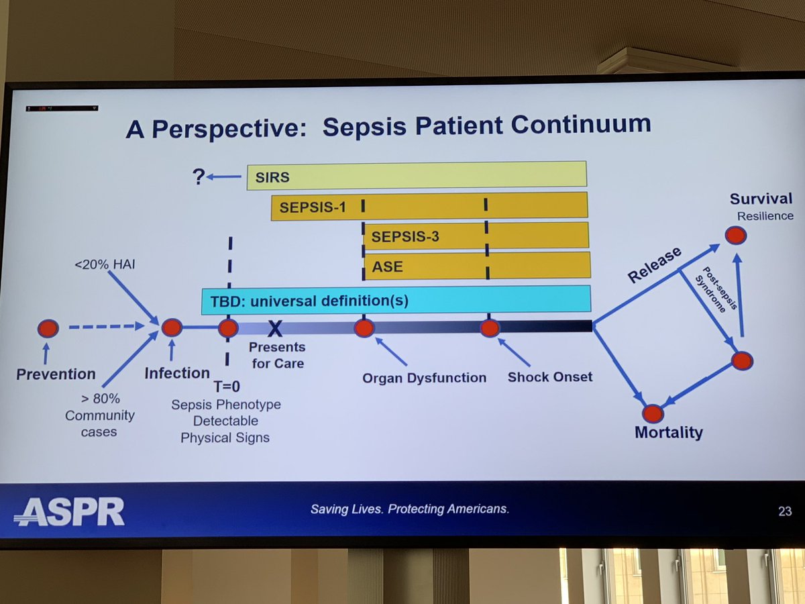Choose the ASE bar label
[x=387, y=266]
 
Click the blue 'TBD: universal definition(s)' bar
[x=396, y=299]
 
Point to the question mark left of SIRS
[x=199, y=177]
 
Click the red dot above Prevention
[x=48, y=328]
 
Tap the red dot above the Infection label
[x=172, y=328]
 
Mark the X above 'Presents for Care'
[x=274, y=328]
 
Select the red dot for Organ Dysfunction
[x=364, y=328]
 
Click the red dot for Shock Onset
[x=490, y=328]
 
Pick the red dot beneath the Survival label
[x=735, y=234]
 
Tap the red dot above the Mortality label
[x=652, y=413]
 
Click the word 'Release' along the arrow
[x=654, y=266]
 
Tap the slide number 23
[x=784, y=511]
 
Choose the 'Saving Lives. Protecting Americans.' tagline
[x=409, y=509]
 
